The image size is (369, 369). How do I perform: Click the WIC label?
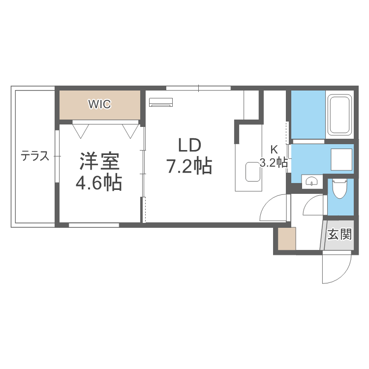click(99, 104)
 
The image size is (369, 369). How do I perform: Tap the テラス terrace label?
click(34, 156)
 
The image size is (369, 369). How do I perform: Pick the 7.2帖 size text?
click(189, 167)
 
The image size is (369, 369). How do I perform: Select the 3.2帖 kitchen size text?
click(274, 163)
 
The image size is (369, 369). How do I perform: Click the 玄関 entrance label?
click(340, 234)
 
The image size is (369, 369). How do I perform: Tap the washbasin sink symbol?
click(311, 182)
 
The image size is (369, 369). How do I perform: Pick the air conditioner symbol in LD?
click(161, 102)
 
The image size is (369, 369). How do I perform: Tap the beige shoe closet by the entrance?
click(286, 240)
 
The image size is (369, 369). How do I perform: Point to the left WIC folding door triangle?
click(81, 130)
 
